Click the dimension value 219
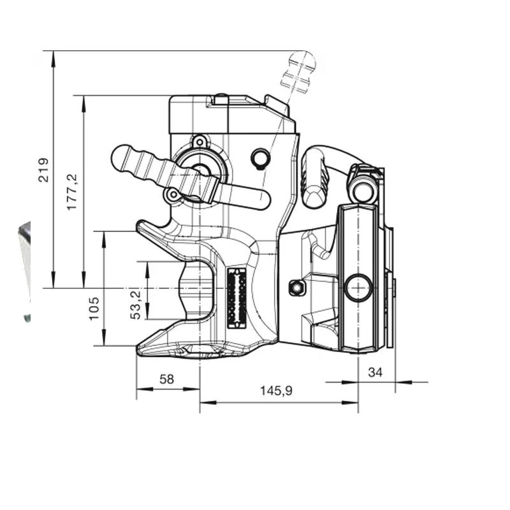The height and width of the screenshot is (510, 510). tap(43, 170)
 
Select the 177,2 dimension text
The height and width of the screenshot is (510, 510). tap(72, 193)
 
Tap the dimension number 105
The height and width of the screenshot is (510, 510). tap(94, 309)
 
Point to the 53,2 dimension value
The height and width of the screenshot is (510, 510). tap(135, 305)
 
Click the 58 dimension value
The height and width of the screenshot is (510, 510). tap(167, 379)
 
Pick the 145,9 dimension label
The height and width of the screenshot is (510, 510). tap(276, 390)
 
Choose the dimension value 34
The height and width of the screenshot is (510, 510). tap(375, 372)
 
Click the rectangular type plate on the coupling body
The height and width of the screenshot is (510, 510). tap(236, 298)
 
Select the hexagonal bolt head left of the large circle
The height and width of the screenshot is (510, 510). tap(296, 288)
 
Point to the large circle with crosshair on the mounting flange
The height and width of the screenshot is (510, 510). tap(358, 288)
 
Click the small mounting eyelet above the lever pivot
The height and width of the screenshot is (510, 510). tap(199, 142)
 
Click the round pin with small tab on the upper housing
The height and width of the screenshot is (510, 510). tap(261, 159)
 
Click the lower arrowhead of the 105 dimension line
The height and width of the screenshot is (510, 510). tap(104, 339)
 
